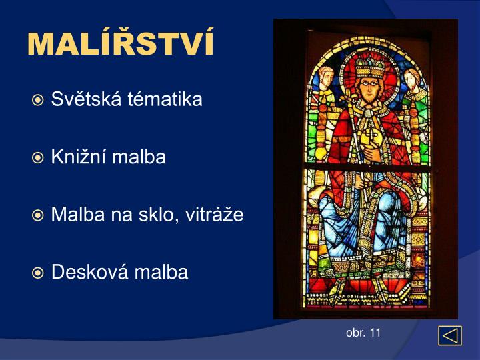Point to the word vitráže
click(x=217, y=215)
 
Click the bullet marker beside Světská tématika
click(x=39, y=101)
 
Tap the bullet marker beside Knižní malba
click(x=39, y=158)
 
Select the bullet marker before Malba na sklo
click(x=39, y=215)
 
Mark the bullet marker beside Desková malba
click(x=39, y=273)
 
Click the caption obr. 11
click(x=363, y=333)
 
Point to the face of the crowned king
click(x=365, y=87)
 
